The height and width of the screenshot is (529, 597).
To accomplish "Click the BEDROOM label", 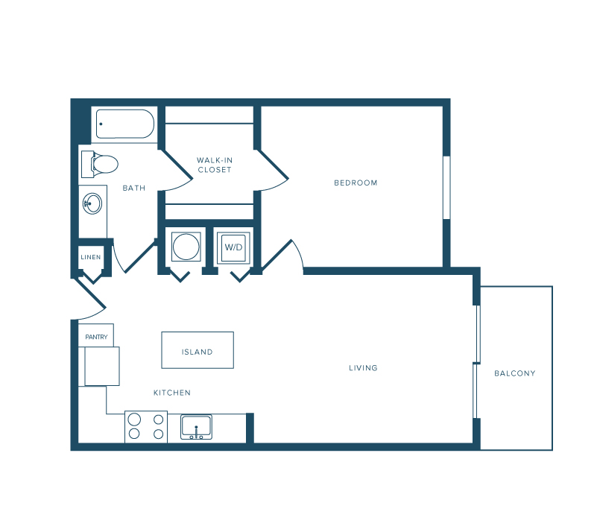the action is pos(356,183).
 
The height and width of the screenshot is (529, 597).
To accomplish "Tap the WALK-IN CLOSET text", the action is pos(215,165).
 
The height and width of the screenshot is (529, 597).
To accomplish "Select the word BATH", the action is pos(134,188).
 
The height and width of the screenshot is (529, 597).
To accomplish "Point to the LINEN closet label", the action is pos(91,257).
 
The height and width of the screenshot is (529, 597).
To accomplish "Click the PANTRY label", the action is pos(96,337).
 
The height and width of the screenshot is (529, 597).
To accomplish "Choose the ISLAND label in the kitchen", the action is pos(198,352).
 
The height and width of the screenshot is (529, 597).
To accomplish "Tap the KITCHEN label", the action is pos(172,393).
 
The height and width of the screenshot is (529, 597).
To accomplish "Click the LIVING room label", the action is pos(363,368).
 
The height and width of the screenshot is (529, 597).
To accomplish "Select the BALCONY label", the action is pos(515,373).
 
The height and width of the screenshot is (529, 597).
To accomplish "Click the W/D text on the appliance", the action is pos(233,247).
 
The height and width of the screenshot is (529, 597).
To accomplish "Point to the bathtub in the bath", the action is pos(125,124).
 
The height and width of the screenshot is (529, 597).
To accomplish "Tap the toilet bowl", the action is pos(106,165).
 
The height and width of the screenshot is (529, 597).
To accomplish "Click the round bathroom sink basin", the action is pos(92,203).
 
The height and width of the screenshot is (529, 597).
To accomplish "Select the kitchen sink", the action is pos(196,427).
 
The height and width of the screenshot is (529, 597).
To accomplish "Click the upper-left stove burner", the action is pos(134,419).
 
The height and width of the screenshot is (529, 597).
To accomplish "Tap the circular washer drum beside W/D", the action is pos(186,247).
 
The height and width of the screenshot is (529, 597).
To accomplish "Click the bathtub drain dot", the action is pos(101,124).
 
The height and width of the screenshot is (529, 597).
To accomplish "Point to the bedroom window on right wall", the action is pos(446,188).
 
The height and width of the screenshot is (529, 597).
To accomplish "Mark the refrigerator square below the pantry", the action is pos(102,366).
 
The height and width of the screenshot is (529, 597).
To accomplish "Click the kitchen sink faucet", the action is pos(196,432).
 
